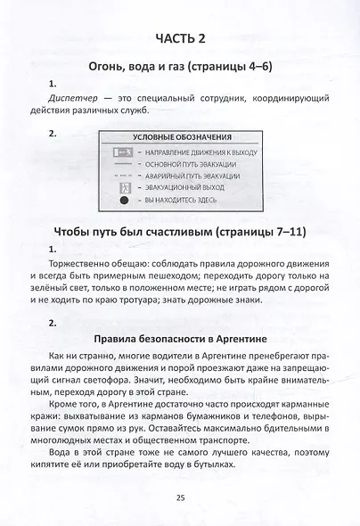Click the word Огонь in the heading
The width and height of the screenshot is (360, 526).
(x=100, y=65)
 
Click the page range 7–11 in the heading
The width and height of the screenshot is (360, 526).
(x=287, y=233)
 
